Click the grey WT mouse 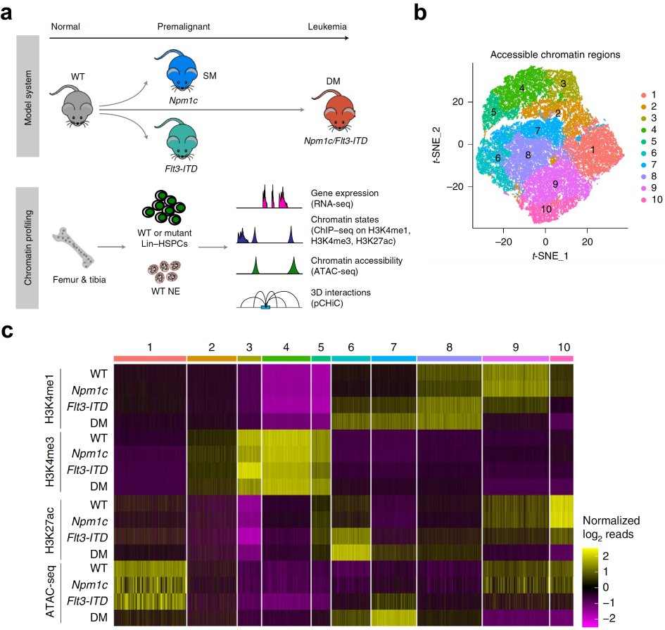[76, 107]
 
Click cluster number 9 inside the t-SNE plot [555, 184]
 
